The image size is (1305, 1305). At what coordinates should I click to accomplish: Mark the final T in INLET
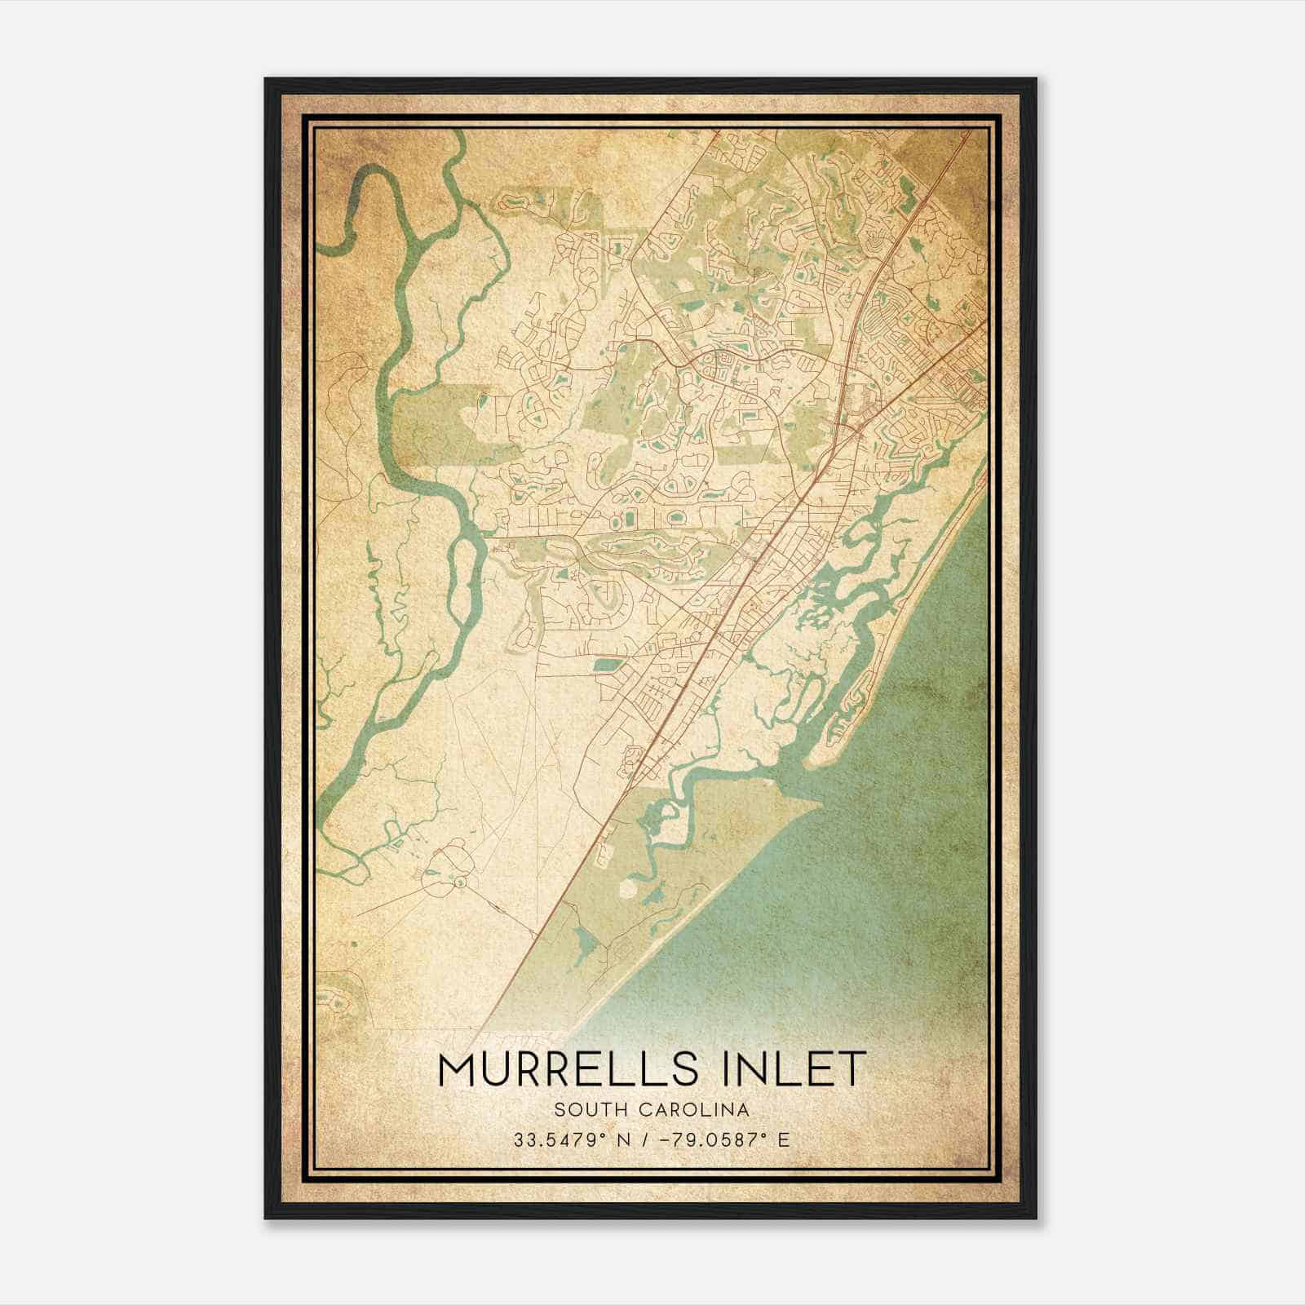coord(849,1068)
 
